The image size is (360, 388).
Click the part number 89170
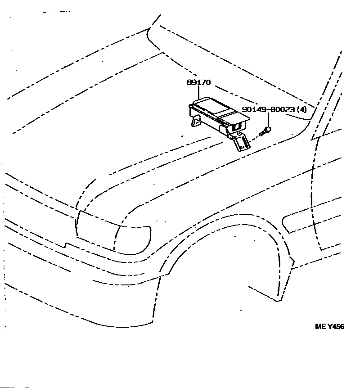[x=198, y=83]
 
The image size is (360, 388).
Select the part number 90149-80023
[x=269, y=109]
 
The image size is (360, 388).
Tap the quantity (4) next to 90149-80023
[x=302, y=109]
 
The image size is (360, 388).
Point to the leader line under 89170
[x=198, y=92]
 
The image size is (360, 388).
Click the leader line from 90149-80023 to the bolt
[x=269, y=120]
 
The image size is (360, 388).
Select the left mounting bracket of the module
[x=196, y=122]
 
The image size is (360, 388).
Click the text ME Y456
[x=329, y=327]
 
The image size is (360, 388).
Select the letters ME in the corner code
[x=319, y=327]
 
